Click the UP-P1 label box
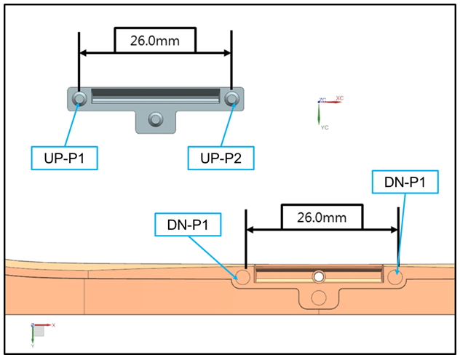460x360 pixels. (x=65, y=158)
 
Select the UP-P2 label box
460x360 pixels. (x=221, y=158)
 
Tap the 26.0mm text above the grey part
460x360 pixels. (x=155, y=41)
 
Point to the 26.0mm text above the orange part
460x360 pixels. (x=322, y=217)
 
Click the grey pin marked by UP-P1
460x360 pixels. (x=79, y=98)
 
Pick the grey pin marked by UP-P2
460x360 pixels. (x=231, y=98)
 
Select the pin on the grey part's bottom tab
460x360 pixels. (x=156, y=119)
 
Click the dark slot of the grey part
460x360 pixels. (x=156, y=92)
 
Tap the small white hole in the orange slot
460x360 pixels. (x=319, y=276)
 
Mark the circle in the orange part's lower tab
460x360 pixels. (x=319, y=297)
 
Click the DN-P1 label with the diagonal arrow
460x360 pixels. (x=188, y=225)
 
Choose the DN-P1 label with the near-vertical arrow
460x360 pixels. (x=405, y=182)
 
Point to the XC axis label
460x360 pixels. (x=340, y=98)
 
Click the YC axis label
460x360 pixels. (x=325, y=127)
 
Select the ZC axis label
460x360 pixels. (x=322, y=100)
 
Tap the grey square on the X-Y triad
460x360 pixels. (x=39, y=331)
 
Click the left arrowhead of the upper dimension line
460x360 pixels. (x=83, y=53)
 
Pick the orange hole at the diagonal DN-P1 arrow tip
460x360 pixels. (x=242, y=277)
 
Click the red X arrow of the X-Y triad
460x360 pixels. (x=42, y=325)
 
